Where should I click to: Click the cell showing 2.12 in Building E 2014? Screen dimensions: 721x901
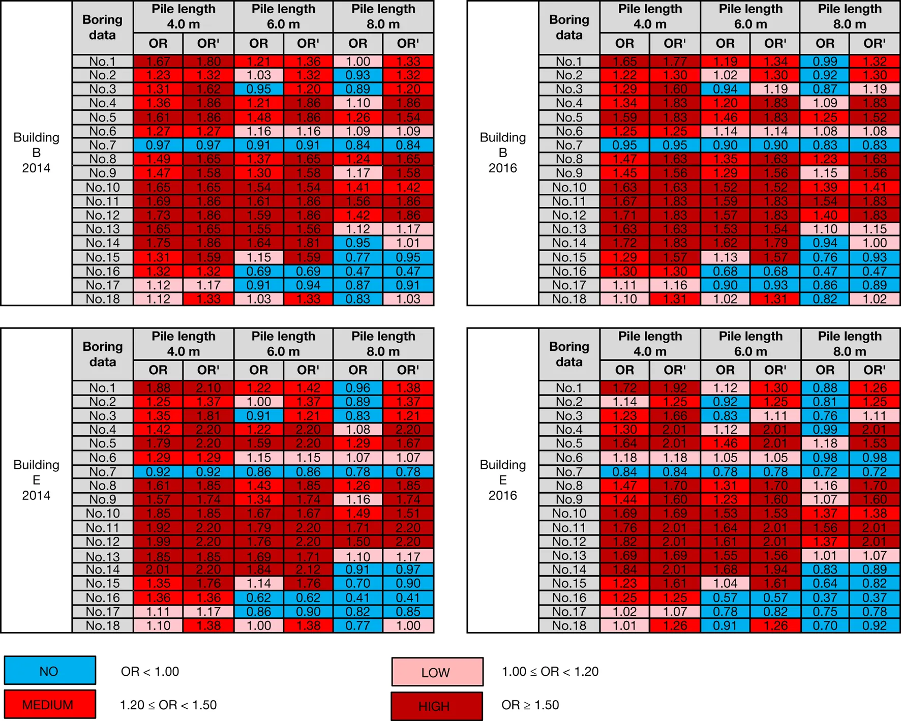point(308,569)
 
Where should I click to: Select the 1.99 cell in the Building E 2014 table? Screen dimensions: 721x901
point(158,542)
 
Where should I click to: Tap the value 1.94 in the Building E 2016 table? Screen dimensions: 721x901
point(775,569)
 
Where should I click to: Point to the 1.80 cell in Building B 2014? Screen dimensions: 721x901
point(208,62)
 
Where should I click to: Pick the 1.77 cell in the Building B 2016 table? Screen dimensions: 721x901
point(675,62)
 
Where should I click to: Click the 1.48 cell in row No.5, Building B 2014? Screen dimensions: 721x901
point(258,117)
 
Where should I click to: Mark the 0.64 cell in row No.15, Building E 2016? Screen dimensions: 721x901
point(825,583)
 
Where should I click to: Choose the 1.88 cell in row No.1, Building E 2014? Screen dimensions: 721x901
point(158,388)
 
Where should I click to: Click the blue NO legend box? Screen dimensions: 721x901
point(50,671)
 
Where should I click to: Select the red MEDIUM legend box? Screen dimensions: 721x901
point(50,705)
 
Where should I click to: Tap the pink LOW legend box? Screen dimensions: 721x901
point(437,672)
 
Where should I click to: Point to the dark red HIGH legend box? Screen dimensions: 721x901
point(437,706)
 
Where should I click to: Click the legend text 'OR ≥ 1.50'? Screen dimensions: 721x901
point(530,705)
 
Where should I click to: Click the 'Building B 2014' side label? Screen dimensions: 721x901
point(36,153)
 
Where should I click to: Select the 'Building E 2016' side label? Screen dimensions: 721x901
point(502,480)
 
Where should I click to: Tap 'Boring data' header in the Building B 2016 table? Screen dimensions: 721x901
point(569,27)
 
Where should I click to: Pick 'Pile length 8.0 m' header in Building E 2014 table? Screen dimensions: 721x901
point(383,344)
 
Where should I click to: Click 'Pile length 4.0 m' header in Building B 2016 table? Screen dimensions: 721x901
point(650,17)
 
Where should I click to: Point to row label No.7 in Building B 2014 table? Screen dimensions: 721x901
point(103,145)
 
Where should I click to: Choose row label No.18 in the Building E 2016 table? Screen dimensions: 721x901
point(569,625)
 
